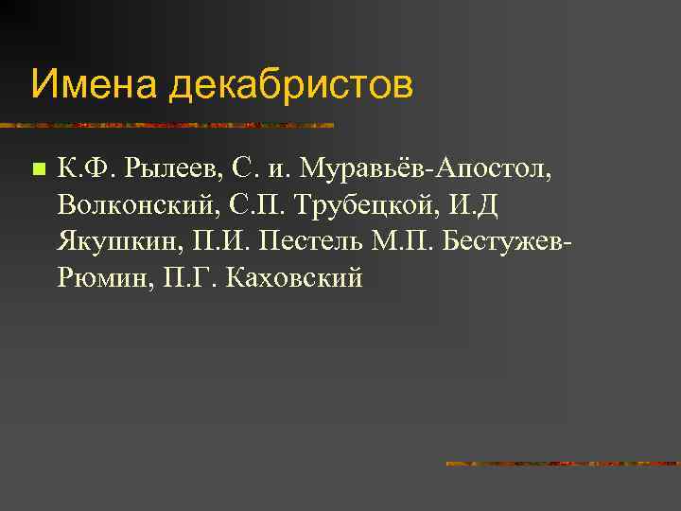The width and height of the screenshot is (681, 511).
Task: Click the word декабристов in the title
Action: pyautogui.click(x=291, y=86)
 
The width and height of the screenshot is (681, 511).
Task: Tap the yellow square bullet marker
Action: pyautogui.click(x=37, y=170)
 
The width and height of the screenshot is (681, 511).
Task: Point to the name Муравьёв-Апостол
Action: pyautogui.click(x=425, y=170)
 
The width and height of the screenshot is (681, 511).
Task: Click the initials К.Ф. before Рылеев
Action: pyautogui.click(x=84, y=170)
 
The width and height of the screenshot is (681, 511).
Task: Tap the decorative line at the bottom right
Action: pyautogui.click(x=563, y=464)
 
